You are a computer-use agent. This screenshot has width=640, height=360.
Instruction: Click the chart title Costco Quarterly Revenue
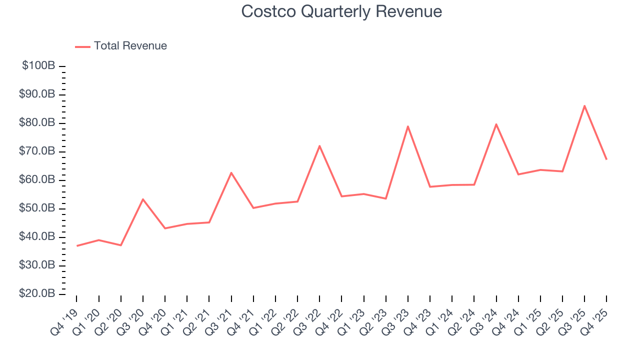tap(341, 11)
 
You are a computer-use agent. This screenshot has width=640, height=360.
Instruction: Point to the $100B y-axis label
tap(38, 66)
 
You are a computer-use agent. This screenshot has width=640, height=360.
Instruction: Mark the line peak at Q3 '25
tap(584, 105)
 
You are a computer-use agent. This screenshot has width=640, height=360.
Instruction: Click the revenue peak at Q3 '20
tap(143, 199)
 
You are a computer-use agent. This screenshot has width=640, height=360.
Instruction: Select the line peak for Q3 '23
tap(408, 126)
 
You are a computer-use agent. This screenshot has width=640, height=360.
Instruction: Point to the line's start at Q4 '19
tap(77, 245)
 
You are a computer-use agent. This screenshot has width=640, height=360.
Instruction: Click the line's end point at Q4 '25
tap(606, 159)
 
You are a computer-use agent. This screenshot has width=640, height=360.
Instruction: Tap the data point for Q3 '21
tap(231, 172)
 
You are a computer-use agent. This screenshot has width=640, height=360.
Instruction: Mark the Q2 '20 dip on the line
tap(121, 245)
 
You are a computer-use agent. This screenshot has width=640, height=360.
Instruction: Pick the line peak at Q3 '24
tap(496, 124)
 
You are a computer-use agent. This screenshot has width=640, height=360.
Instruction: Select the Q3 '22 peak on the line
tap(319, 146)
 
